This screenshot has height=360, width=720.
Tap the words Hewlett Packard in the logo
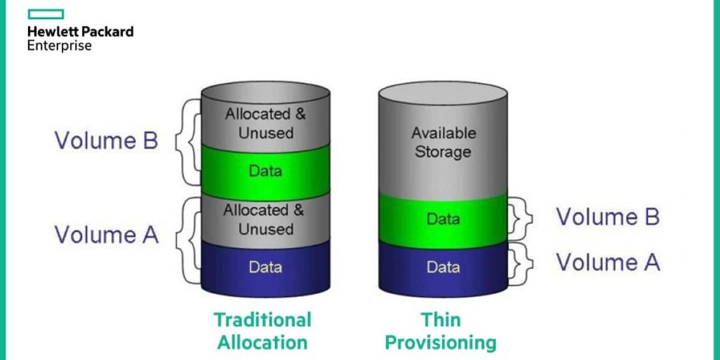80,32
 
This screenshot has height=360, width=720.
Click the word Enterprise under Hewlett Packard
59,46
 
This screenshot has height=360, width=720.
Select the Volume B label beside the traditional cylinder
106,140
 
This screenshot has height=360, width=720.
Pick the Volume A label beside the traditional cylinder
107,234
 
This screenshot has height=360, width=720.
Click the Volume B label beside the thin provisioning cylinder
608,217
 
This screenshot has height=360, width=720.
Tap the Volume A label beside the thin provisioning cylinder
608,262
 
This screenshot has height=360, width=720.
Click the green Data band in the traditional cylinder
265,170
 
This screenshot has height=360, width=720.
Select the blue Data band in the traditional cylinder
265,266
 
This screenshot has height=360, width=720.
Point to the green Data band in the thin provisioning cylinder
443,219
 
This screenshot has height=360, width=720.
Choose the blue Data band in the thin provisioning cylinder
443,266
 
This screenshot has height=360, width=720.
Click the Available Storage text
443,142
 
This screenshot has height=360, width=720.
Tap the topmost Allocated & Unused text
265,123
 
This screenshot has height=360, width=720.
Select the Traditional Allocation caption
263,331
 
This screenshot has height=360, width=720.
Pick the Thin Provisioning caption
440,331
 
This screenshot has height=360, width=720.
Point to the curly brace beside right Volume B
517,217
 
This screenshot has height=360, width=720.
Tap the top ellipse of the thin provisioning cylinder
443,92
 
